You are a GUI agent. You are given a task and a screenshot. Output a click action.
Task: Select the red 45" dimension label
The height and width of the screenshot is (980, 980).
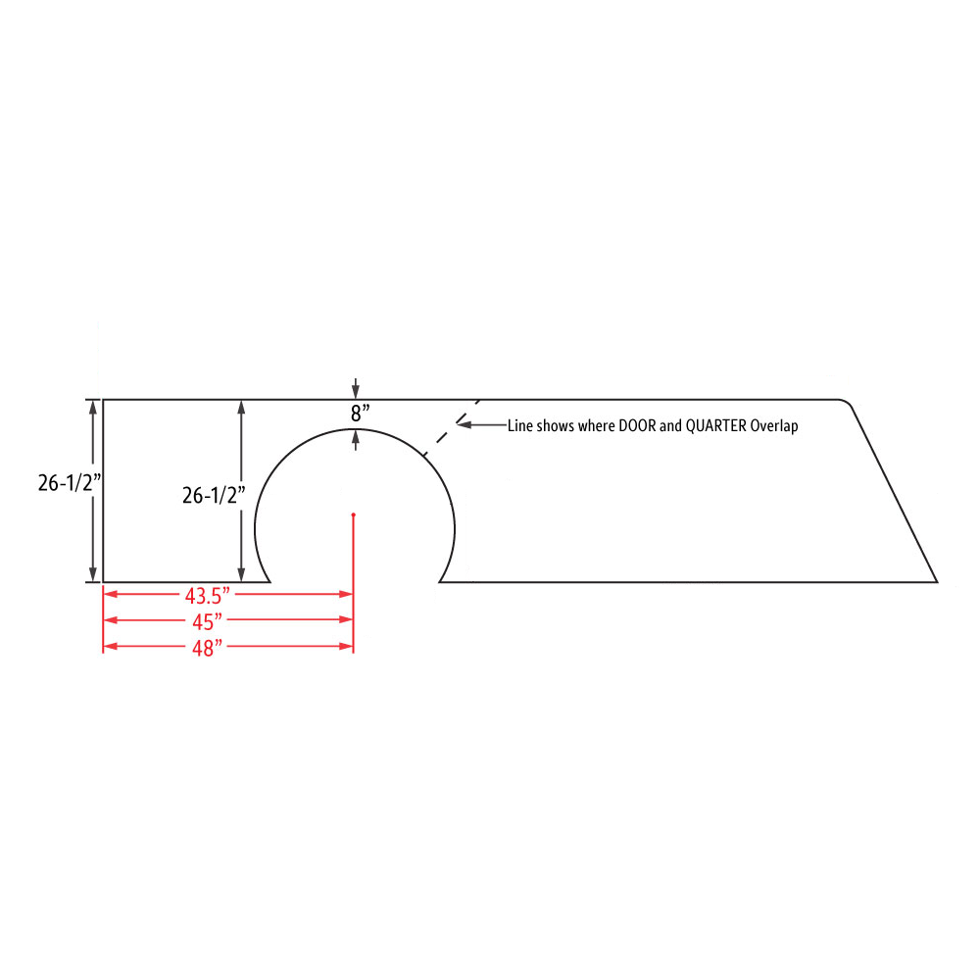[x=208, y=622]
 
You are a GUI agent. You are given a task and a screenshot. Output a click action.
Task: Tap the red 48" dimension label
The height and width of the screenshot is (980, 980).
[x=208, y=648]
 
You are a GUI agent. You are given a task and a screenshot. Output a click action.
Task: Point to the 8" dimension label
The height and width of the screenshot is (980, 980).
[x=360, y=414]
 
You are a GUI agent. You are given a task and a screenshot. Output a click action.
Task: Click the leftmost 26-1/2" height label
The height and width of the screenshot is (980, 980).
[x=70, y=482]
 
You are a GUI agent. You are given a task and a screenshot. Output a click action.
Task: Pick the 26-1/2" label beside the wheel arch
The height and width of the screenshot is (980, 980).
[x=214, y=495]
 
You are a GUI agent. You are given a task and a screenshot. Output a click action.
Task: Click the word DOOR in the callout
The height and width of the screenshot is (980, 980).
[x=637, y=425]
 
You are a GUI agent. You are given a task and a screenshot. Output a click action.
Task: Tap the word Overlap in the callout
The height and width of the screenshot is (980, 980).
[x=774, y=425]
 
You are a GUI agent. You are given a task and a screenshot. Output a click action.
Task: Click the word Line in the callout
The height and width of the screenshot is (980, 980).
[x=520, y=425]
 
